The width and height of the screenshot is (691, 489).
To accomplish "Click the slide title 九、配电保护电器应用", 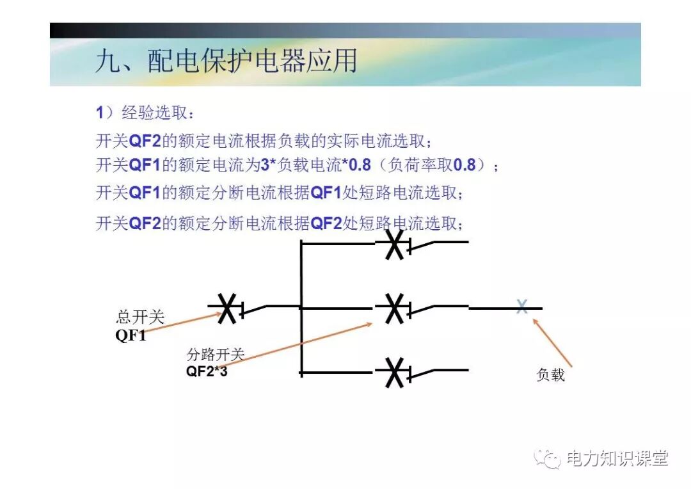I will pos(225,61).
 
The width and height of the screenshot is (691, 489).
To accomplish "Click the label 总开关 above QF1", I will pos(140,317).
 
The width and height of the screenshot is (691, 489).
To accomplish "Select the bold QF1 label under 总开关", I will pos(131,335).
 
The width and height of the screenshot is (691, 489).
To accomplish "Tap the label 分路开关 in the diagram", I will pos(216,355).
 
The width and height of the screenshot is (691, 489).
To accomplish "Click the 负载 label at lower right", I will pos(550,375).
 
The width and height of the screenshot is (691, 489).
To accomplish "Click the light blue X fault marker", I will pos(522,307).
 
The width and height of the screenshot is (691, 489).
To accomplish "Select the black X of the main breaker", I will pos(226,308).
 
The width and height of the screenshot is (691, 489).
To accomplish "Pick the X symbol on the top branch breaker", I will pos(395,244).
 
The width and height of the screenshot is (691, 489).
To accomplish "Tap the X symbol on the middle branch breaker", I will pos(395,309).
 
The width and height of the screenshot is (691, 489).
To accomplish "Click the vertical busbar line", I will pos(301,307).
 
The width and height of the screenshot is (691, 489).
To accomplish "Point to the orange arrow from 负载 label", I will pos(552,342).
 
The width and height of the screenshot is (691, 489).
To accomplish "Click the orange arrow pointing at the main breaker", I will pos(179,324).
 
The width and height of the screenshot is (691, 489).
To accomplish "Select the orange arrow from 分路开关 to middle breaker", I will pos(294,346).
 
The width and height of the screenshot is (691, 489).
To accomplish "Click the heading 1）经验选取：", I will pos(145,113).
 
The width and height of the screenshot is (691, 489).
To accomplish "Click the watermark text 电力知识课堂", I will pos(617,458).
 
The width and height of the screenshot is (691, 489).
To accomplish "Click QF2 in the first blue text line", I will pos(145,141).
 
